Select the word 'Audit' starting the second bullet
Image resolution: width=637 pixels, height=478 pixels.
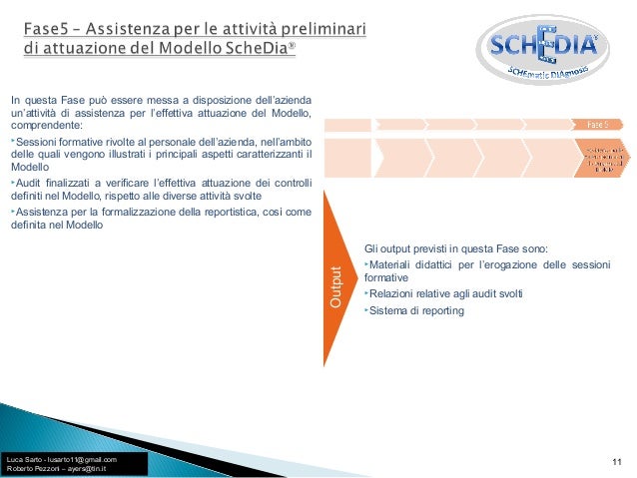pos(29,183)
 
